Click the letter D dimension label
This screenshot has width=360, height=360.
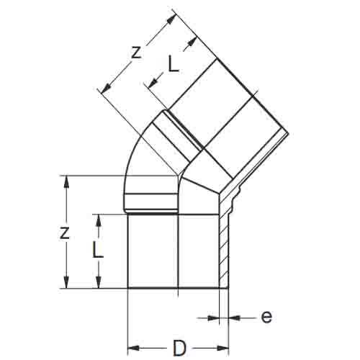(179, 348)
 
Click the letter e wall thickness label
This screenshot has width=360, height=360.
(266, 318)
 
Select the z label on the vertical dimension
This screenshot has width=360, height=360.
(64, 233)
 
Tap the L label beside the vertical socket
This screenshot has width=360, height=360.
(98, 250)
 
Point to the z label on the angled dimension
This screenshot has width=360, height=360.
(136, 53)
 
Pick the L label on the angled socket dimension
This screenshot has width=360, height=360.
(174, 63)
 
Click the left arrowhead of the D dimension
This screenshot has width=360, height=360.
(132, 348)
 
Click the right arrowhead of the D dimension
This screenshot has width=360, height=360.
(222, 348)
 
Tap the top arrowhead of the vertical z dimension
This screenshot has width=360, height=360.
(66, 182)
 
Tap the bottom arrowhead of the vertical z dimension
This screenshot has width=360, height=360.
(66, 282)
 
